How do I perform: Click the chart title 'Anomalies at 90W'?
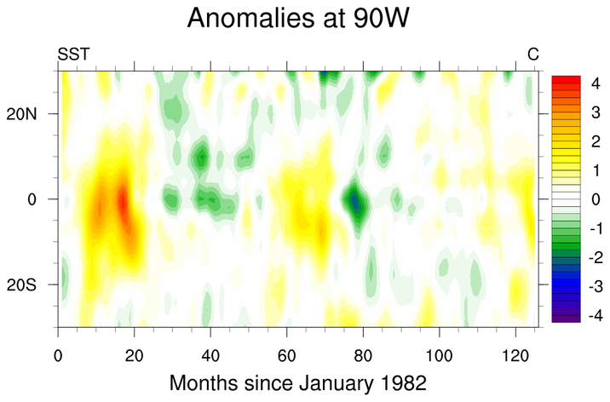click(x=305, y=19)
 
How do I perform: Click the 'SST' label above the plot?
click(x=73, y=55)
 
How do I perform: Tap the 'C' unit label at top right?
click(x=533, y=55)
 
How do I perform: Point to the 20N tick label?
click(x=32, y=114)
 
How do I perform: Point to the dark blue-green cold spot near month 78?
click(x=355, y=202)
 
